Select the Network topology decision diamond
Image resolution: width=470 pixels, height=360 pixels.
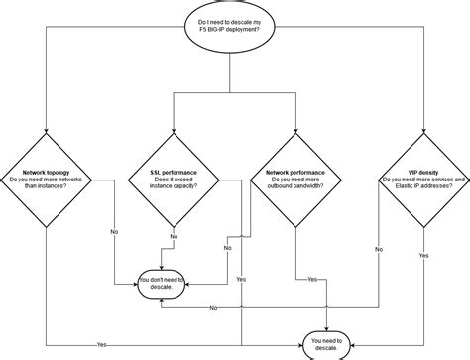[x=47, y=180]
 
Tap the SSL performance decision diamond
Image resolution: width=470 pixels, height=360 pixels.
[x=174, y=180]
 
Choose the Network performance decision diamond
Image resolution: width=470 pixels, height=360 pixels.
[x=294, y=180]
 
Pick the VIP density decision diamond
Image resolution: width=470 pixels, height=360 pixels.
[x=422, y=180]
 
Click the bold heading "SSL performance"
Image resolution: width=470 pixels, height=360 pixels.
[x=174, y=173]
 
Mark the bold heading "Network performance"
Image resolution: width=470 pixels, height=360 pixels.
[x=294, y=173]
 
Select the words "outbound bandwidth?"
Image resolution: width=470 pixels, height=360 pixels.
[x=294, y=185]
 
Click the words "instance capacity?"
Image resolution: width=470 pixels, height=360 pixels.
[x=174, y=185]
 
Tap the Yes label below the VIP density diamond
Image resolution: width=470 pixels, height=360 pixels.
[x=423, y=255]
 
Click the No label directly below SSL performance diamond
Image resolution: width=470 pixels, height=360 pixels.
[x=174, y=237]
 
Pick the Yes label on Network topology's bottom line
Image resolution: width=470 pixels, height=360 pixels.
[x=102, y=343]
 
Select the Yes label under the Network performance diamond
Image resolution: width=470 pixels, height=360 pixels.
[x=312, y=280]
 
